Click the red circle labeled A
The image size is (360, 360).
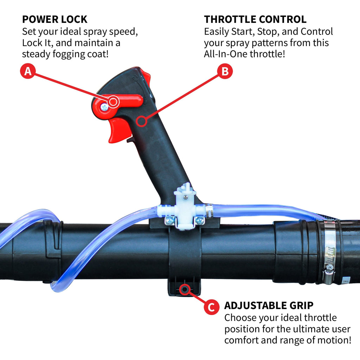(28, 72)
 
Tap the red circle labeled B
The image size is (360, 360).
(225, 72)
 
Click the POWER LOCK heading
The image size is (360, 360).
(54, 19)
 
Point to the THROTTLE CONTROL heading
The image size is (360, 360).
(255, 19)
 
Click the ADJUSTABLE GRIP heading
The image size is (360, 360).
(269, 305)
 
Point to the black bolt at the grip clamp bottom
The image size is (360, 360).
(184, 289)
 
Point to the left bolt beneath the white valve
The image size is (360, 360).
(169, 220)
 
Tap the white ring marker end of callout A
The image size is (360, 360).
(113, 102)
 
